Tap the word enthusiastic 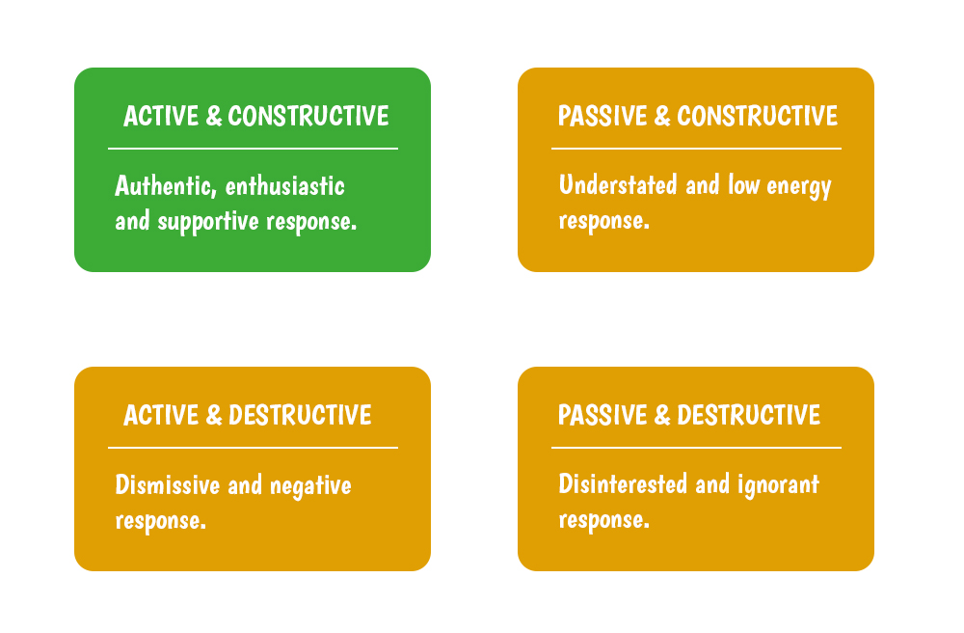coord(284,186)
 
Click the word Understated coord(618,184)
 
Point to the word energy coord(798,186)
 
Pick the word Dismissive coord(167,484)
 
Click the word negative coord(310,486)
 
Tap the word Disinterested coord(623,484)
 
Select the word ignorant coord(778,484)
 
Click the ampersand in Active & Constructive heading coord(213,116)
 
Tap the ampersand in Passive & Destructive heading coord(662,415)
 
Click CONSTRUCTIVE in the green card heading coord(308,116)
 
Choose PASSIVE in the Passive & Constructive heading coord(602,116)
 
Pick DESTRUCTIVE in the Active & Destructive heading coord(300,415)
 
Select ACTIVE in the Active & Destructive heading coord(161,415)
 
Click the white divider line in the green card coord(253,149)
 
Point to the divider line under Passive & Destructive coord(696,448)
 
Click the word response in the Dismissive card coord(160,521)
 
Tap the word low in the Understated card coord(743,184)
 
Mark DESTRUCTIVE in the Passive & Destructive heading coord(748,415)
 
